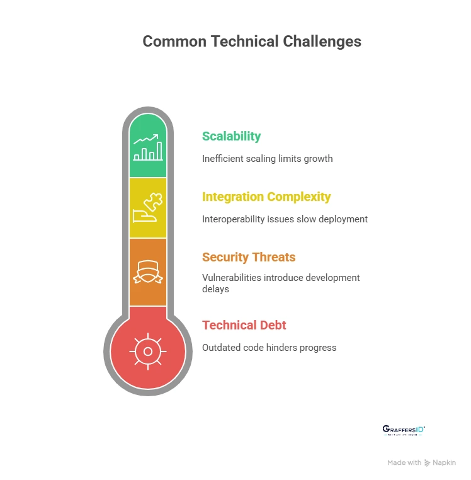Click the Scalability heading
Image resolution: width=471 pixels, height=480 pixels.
231,136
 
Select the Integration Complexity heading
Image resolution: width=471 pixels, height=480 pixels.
266,197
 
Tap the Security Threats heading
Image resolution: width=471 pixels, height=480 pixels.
249,257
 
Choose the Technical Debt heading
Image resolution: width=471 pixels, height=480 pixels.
244,325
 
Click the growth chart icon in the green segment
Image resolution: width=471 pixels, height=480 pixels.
148,147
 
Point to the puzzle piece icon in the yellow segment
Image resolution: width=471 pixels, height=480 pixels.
148,207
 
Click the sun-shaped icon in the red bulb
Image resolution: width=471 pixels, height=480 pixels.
148,351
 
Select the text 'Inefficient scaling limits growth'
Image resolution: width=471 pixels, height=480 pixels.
267,159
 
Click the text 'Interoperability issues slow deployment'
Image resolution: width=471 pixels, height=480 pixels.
285,219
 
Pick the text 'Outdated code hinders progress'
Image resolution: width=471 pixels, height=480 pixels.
269,348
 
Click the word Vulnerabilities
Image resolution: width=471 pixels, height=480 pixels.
229,277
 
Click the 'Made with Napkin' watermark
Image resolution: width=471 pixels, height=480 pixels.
421,462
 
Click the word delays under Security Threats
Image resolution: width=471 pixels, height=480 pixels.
215,290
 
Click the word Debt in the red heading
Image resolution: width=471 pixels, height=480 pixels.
272,325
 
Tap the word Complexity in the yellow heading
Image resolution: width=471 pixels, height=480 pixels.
298,197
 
